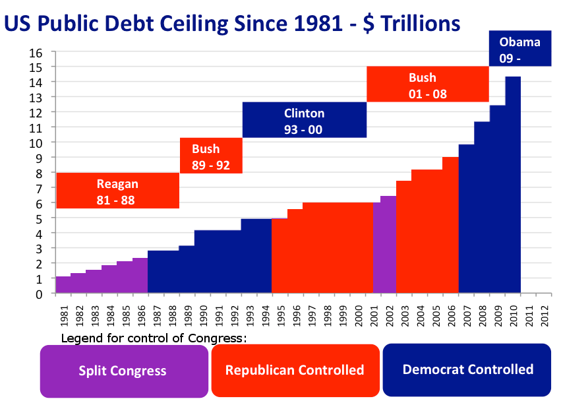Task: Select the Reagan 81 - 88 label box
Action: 117,191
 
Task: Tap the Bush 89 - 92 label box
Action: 211,156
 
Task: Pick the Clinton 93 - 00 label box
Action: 304,120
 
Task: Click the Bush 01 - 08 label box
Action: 427,84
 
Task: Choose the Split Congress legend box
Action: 123,371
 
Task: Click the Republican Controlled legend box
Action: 295,370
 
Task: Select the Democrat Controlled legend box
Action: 467,370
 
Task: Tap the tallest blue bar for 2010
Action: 512,185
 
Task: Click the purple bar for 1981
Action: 63,285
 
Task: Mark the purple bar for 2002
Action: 388,245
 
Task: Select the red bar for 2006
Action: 450,225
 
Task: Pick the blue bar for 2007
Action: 466,218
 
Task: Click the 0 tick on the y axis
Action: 40,294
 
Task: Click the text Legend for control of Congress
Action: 154,338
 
